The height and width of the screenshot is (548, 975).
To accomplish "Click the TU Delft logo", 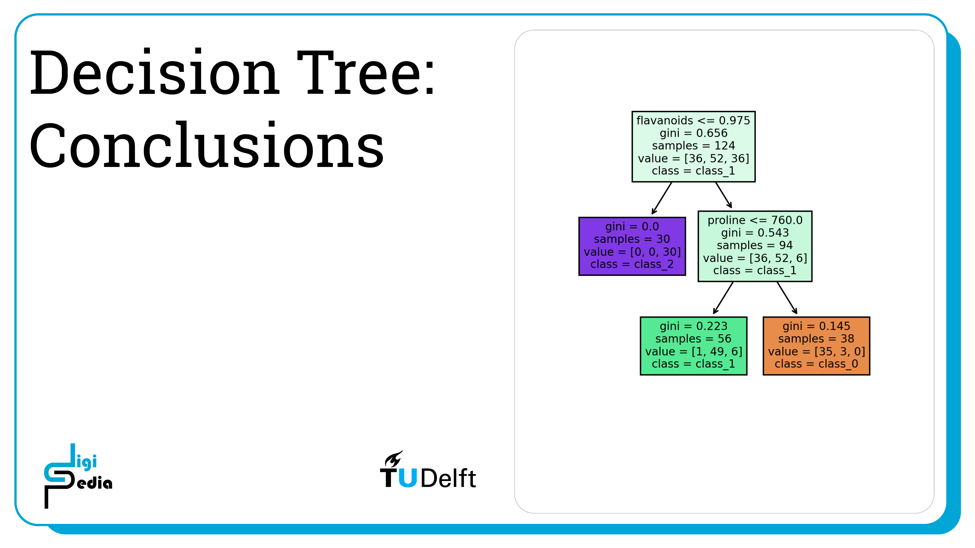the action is [x=428, y=469].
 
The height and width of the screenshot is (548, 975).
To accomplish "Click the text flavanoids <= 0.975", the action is [x=693, y=120].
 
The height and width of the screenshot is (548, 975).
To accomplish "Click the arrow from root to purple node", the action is [x=662, y=198].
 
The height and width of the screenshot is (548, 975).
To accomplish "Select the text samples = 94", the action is [x=755, y=245].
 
